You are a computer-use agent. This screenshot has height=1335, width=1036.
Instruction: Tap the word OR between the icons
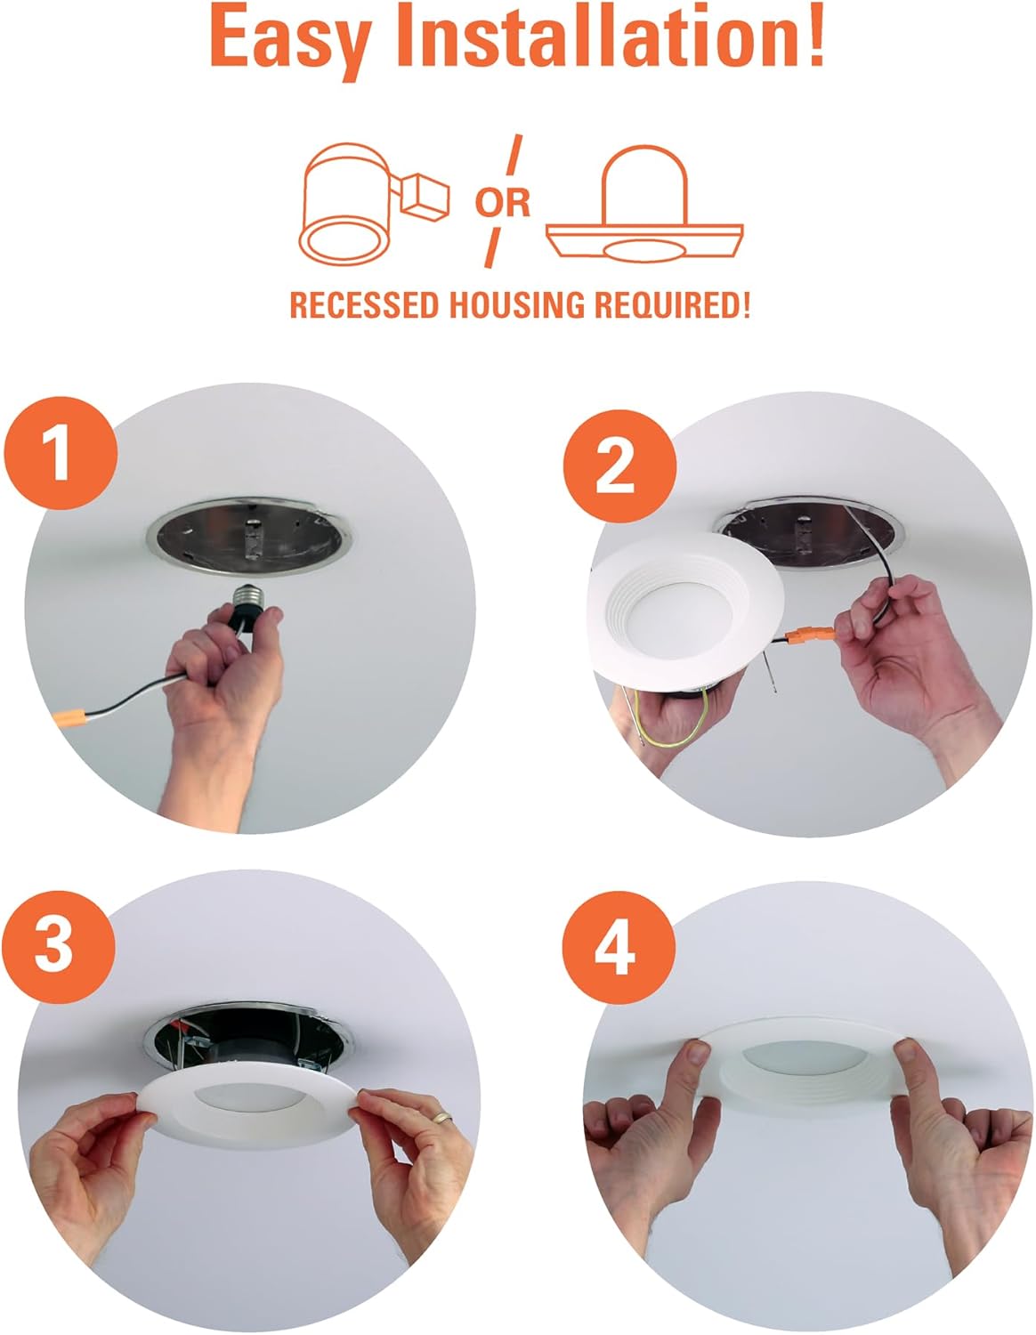click(x=502, y=202)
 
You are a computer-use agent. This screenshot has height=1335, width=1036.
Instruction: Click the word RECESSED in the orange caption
click(x=365, y=305)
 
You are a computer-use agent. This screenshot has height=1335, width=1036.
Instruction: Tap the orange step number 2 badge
click(x=615, y=466)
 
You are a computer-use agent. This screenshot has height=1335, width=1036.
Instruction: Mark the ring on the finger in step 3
click(x=438, y=1116)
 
